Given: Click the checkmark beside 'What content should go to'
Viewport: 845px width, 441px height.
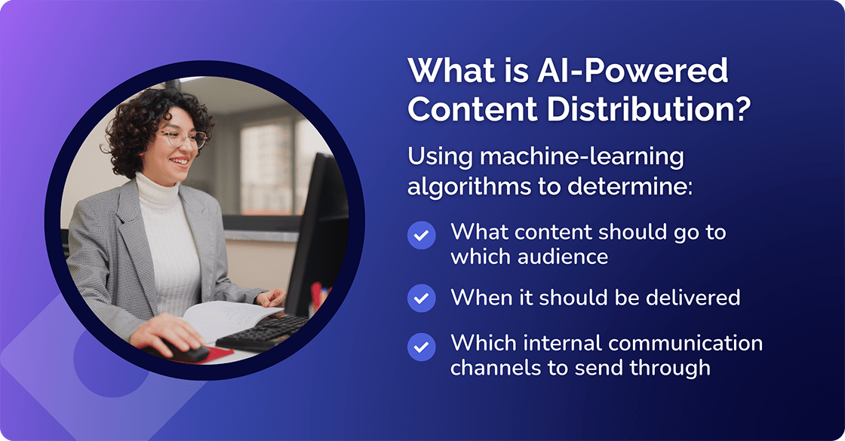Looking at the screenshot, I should pos(421,236).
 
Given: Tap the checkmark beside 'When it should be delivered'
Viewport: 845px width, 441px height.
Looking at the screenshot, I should pos(421,298).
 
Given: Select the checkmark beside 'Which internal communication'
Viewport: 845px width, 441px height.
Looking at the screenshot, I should pos(421,347).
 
